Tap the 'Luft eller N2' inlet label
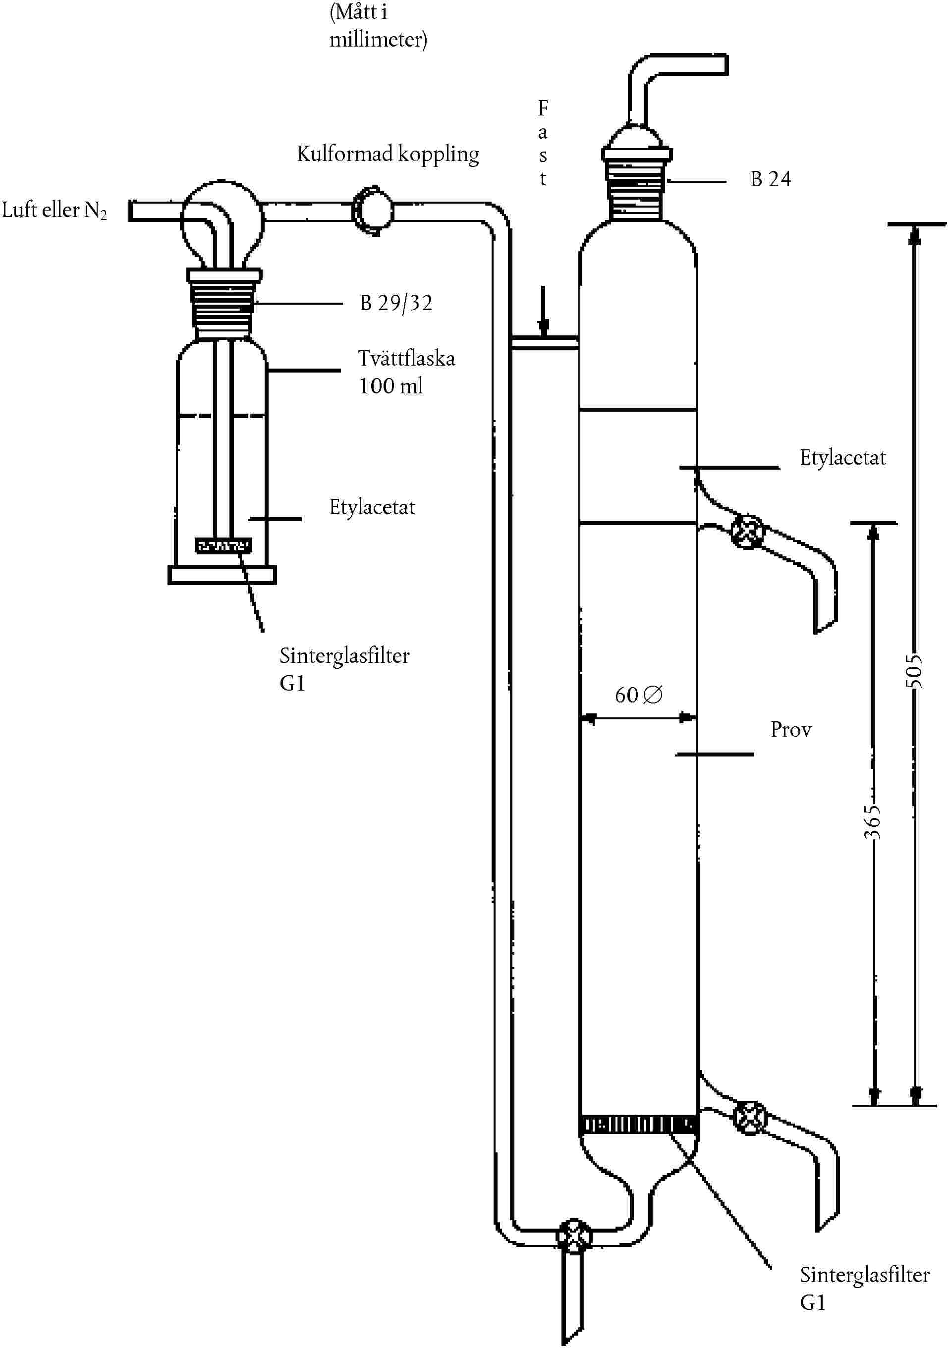(55, 210)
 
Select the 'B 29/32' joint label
(396, 303)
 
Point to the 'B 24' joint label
(771, 179)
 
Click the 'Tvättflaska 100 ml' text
(406, 372)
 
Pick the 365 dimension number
(873, 822)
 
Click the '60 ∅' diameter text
(639, 695)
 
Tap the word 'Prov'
(791, 730)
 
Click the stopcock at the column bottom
(574, 1237)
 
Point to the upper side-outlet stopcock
(748, 533)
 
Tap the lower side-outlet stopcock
(750, 1117)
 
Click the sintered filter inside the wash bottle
(223, 545)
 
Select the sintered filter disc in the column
(638, 1125)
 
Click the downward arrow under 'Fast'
(544, 311)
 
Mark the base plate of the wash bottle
(222, 575)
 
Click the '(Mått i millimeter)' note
(378, 26)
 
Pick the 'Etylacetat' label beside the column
(843, 458)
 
